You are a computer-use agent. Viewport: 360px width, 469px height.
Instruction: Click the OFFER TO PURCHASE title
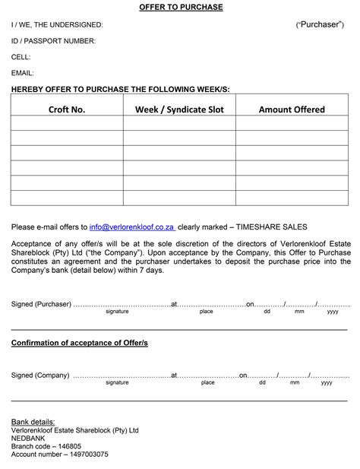(x=181, y=8)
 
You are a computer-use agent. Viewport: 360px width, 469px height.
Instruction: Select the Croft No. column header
(x=67, y=109)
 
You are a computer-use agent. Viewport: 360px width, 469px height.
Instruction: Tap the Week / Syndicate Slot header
(x=179, y=109)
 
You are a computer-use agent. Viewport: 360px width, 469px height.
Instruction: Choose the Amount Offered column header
(x=292, y=109)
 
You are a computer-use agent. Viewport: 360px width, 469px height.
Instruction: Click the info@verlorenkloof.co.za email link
(x=131, y=227)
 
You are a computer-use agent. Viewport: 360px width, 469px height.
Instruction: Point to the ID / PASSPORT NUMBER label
(x=53, y=41)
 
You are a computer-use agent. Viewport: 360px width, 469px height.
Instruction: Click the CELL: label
(x=21, y=57)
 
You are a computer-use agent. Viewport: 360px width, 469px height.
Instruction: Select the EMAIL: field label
(x=23, y=73)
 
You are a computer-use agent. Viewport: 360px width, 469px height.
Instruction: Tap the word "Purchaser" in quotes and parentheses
(x=320, y=25)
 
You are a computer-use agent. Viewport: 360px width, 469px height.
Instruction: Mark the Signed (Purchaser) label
(x=41, y=304)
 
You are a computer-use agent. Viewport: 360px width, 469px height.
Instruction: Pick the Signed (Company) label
(x=40, y=375)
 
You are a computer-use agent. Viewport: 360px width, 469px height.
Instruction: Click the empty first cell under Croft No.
(x=67, y=123)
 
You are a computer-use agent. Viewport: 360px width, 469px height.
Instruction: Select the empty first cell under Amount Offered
(x=292, y=123)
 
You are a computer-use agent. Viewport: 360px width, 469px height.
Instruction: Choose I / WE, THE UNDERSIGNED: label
(x=57, y=25)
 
